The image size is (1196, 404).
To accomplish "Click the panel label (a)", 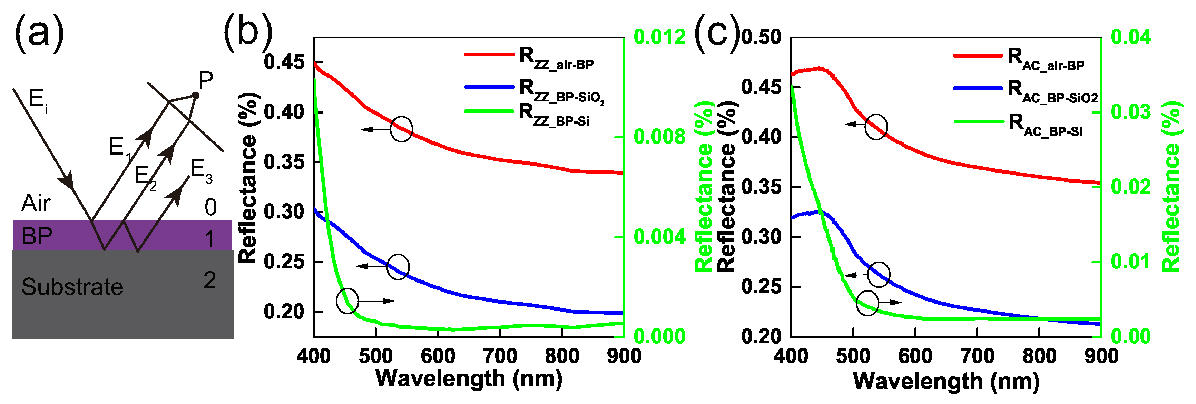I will pos(39,33).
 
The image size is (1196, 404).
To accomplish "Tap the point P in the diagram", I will pos(195,95).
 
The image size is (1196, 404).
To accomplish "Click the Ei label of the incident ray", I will pos(38,100).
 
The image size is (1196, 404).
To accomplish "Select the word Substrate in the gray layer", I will pos(72,287).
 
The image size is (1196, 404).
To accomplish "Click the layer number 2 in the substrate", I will pos(210,280).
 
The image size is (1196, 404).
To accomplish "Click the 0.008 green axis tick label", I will pos(659,137).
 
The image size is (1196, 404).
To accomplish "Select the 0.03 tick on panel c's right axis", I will pos(1131,111).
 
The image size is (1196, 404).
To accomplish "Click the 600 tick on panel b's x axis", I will pos(437,356).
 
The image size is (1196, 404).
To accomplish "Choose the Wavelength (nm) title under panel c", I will pos(946,382).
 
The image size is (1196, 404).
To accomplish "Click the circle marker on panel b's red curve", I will pos(401,129).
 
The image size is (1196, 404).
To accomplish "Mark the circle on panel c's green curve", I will pos(867,303).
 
